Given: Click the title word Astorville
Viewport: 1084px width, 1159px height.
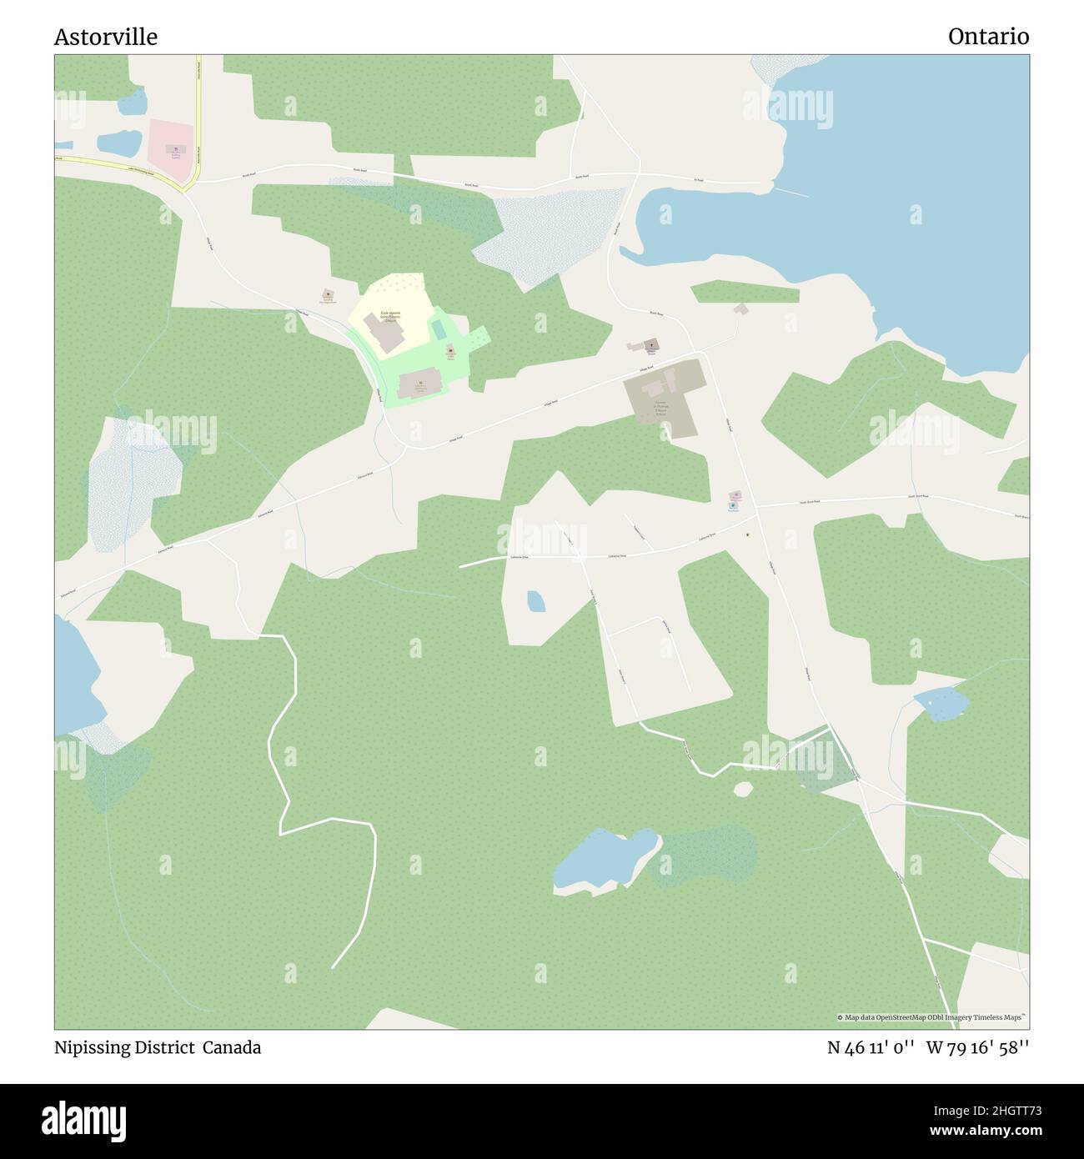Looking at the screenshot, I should tap(106, 38).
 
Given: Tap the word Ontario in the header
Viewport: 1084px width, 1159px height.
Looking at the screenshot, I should tap(988, 37).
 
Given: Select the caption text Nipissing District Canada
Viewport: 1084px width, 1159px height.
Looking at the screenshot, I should tap(158, 1047).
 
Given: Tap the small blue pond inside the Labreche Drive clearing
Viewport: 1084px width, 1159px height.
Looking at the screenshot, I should tap(535, 600).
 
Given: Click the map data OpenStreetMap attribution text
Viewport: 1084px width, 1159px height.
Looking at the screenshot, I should tap(931, 1017).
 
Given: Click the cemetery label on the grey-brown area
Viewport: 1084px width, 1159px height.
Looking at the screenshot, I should tap(660, 408).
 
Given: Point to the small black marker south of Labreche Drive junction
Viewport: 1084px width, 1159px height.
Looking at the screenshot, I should tap(747, 534).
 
